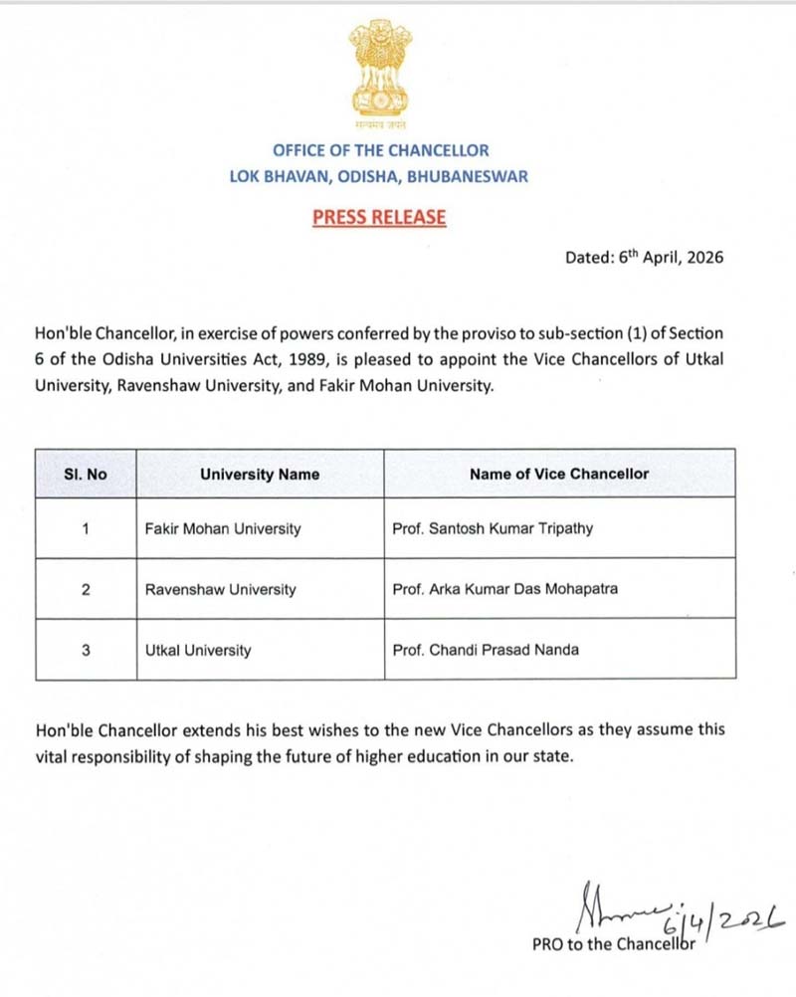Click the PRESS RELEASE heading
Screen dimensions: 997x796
379,217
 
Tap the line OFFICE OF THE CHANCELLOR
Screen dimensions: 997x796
381,150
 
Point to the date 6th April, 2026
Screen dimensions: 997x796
643,257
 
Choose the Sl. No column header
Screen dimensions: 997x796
86,475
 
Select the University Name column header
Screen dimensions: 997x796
260,475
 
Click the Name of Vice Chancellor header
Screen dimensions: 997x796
558,474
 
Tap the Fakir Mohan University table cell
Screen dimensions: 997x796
223,529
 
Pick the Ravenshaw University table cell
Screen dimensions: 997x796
221,589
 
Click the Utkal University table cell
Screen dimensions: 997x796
198,651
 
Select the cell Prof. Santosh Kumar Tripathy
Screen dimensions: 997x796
493,529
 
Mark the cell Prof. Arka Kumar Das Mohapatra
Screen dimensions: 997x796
505,589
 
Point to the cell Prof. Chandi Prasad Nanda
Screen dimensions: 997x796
485,651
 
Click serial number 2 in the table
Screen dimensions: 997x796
86,589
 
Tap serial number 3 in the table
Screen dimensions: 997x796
86,651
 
